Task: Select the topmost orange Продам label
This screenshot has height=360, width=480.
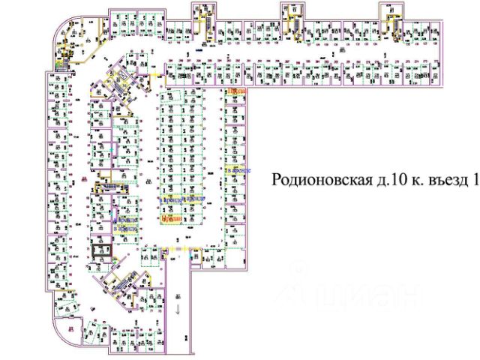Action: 235,91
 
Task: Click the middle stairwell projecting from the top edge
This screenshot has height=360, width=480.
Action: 291,13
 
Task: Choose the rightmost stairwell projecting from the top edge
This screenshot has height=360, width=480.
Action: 390,13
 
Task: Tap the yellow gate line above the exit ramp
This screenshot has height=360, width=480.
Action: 178,247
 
